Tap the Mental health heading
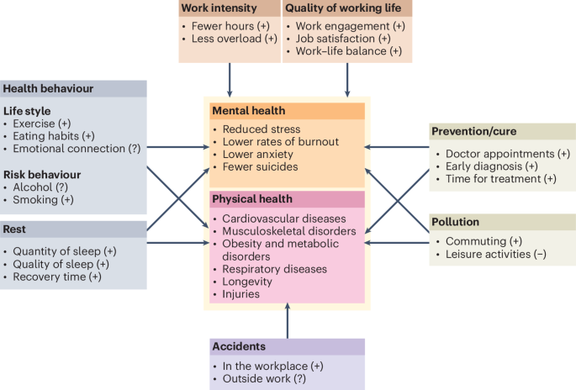click(x=250, y=111)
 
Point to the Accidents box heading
click(x=240, y=345)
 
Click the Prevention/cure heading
click(x=473, y=132)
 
